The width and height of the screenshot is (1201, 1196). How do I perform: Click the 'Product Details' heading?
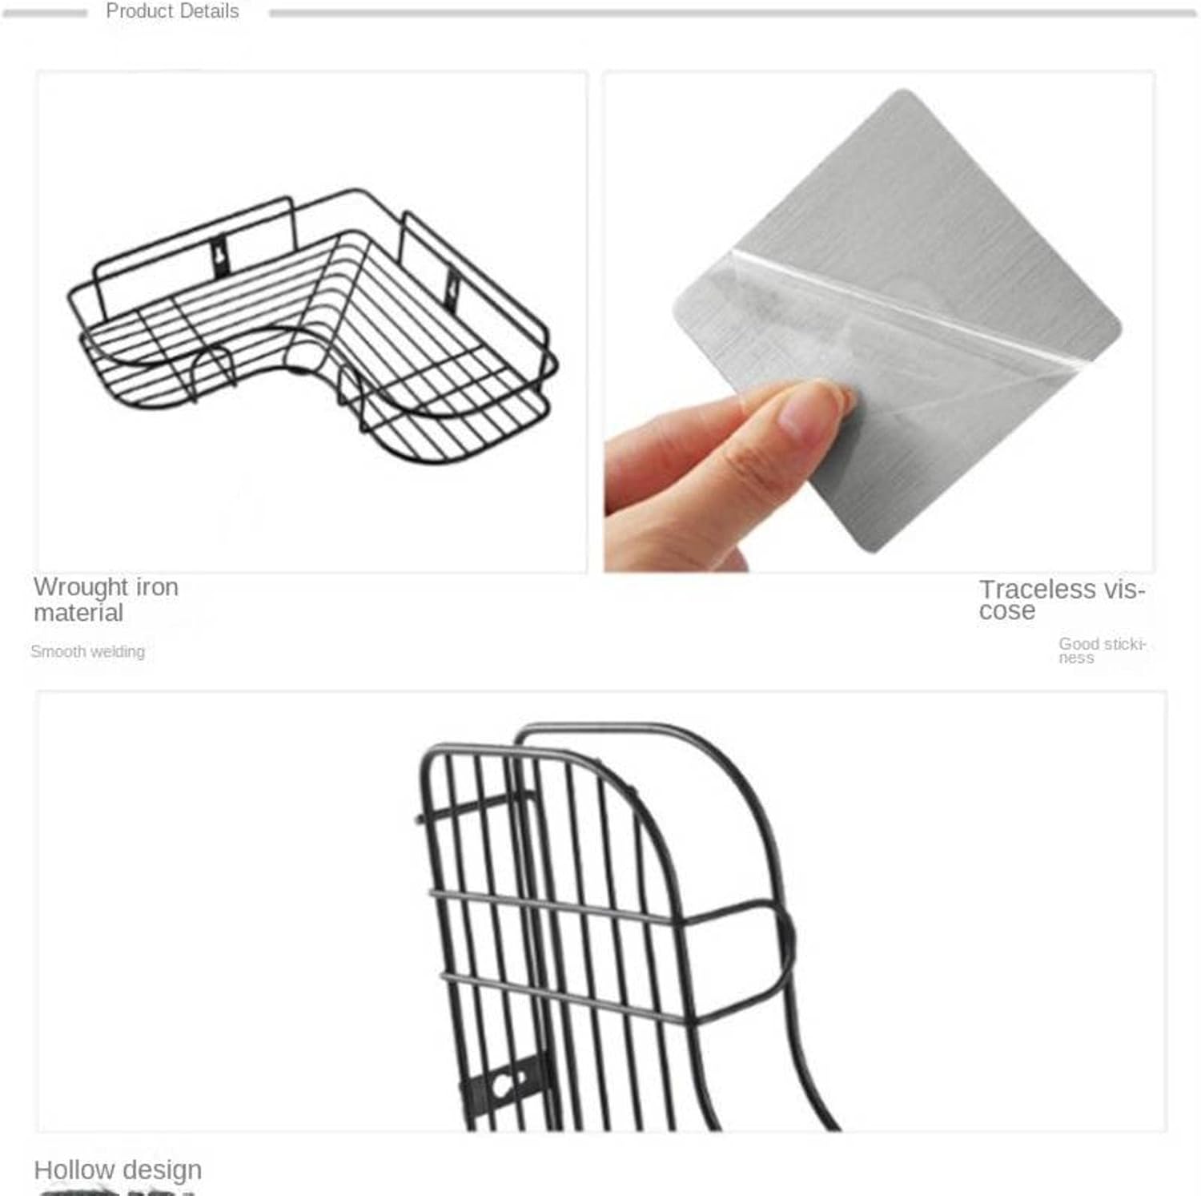click(172, 11)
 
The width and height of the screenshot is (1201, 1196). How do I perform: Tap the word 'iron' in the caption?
click(157, 587)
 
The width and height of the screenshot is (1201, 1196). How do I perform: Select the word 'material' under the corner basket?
click(78, 613)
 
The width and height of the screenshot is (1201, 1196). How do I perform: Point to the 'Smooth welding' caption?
click(88, 651)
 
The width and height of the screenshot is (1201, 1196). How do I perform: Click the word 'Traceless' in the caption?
click(1037, 590)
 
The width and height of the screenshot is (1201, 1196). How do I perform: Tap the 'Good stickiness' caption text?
click(1101, 650)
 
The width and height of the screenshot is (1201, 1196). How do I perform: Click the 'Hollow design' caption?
click(118, 1170)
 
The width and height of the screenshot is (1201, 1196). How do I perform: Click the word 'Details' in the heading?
click(210, 11)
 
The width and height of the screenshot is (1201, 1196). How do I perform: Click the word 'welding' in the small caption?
click(117, 651)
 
